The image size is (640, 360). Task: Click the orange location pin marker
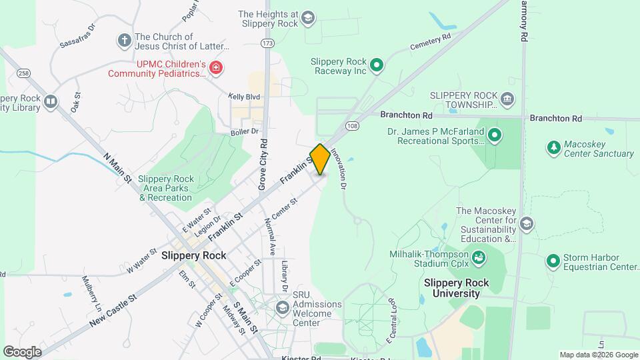pos(320,159)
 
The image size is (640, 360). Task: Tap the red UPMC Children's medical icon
pos(215,67)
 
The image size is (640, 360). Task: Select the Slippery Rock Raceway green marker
pos(377,65)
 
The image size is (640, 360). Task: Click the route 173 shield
pos(268,43)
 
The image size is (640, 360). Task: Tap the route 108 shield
pos(353,126)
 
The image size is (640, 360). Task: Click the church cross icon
pos(123,40)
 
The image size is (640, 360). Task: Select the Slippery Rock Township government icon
pos(507,100)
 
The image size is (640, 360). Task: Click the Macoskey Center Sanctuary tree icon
pos(553,147)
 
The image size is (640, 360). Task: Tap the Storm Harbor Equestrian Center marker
pos(553,261)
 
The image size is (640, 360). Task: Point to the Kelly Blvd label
pos(243,97)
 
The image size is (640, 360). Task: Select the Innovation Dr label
pos(341,172)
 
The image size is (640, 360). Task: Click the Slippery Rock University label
pos(456,288)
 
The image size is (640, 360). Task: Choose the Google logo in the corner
pos(22,351)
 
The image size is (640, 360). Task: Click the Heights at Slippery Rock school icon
pos(308,18)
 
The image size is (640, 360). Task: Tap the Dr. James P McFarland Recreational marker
pos(495,137)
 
